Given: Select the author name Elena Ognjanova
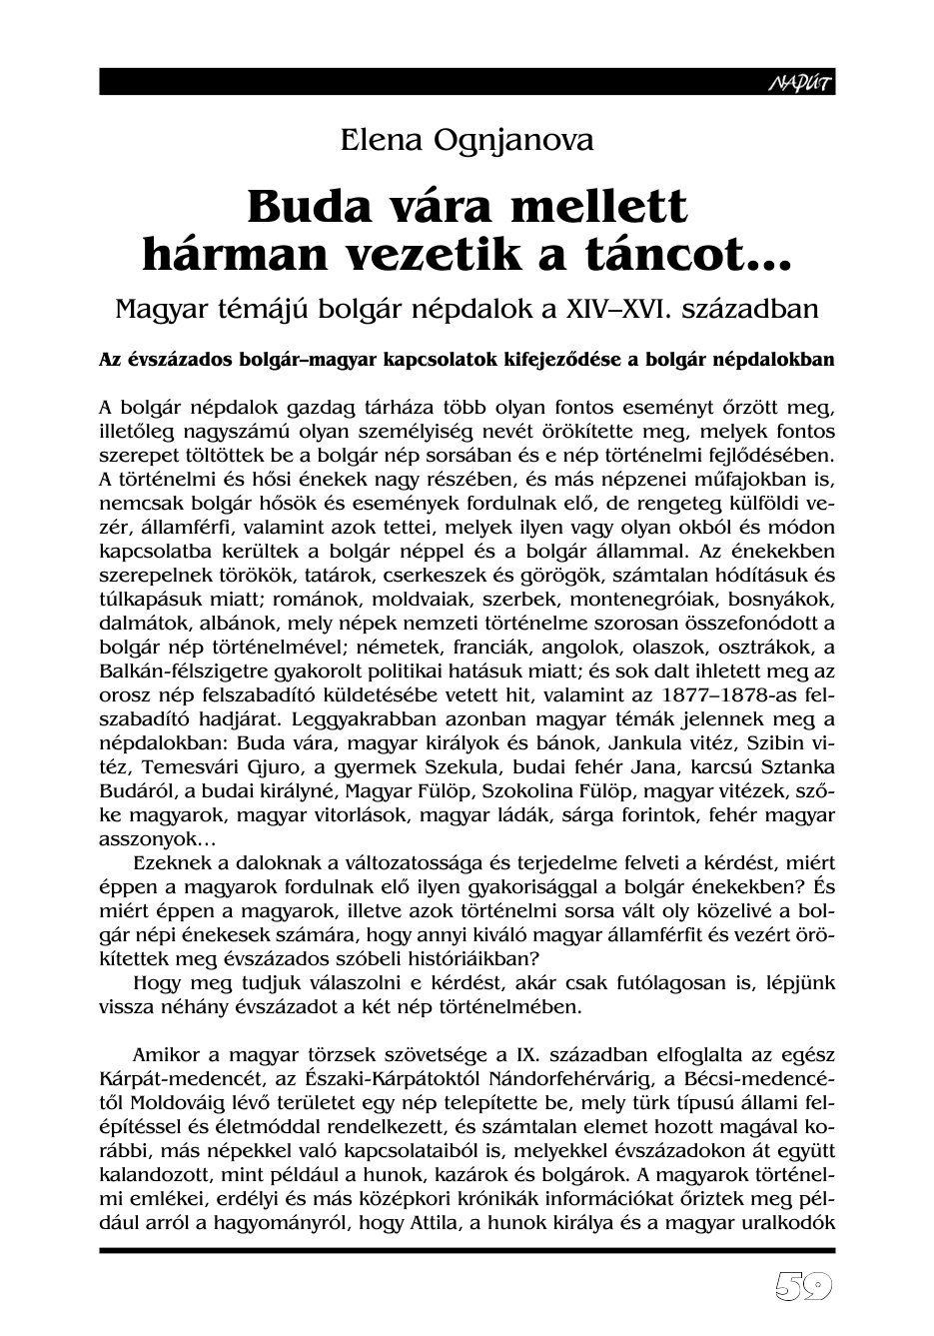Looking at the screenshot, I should pyautogui.click(x=467, y=141).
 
